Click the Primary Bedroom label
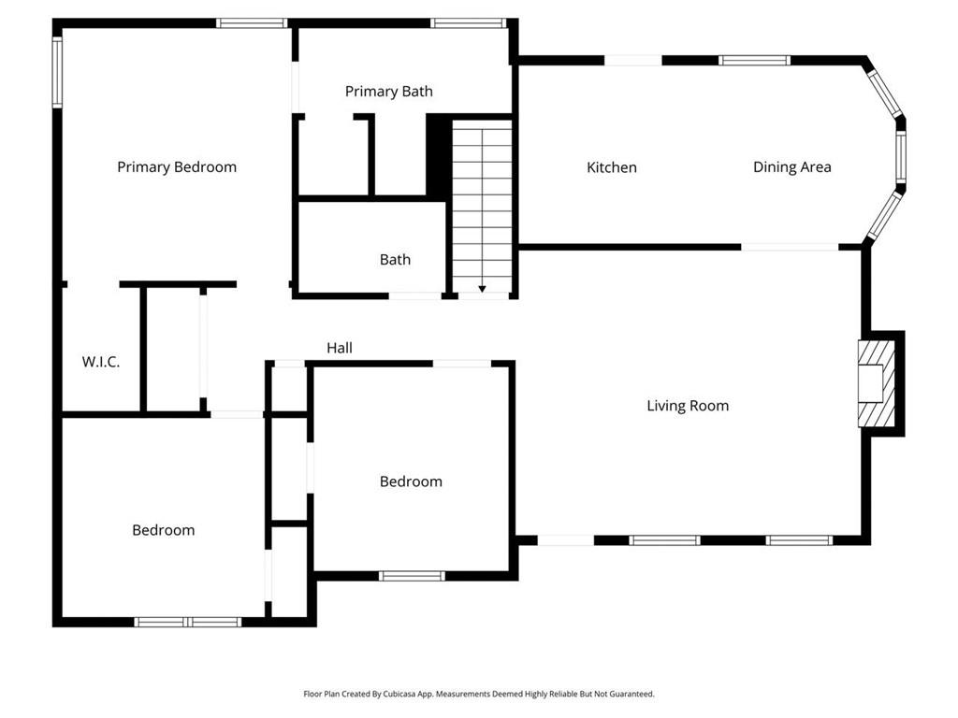point(177,167)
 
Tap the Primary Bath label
point(388,92)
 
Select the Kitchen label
point(611,167)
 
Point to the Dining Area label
point(791,167)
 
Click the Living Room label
point(688,406)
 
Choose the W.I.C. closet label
point(100,362)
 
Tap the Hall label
point(340,348)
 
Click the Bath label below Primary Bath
point(395,260)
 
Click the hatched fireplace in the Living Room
point(877,383)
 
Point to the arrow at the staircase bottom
point(482,288)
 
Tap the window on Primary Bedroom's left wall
point(57,72)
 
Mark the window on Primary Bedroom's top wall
point(251,22)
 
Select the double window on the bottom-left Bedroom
point(188,622)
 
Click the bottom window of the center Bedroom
point(412,576)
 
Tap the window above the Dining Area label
point(754,61)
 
